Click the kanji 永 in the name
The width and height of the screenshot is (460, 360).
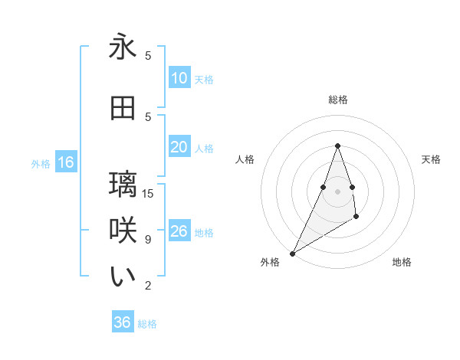tap(123, 47)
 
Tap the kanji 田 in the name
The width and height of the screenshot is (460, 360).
tap(123, 109)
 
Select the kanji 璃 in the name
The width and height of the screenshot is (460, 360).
tap(123, 185)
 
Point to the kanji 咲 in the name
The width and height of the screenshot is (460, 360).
tap(123, 231)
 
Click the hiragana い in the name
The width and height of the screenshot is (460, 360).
tap(123, 277)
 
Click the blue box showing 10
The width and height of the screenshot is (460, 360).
tap(179, 78)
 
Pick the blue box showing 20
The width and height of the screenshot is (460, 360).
tap(179, 147)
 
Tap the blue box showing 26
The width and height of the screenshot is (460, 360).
tap(179, 231)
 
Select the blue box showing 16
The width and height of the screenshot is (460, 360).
tap(66, 162)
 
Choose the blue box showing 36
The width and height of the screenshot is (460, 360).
tap(123, 322)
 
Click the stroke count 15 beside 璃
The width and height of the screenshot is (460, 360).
tap(148, 193)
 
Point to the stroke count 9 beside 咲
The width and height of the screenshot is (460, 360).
tap(148, 239)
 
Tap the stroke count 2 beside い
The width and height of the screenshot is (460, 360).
tap(148, 286)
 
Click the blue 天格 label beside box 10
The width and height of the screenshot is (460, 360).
tap(204, 79)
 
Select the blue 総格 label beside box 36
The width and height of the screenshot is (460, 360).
tap(147, 324)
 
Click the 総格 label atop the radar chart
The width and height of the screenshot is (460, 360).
tap(337, 100)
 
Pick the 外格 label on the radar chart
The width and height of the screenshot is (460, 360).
tap(270, 262)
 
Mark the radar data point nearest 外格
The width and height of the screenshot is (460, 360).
tap(292, 254)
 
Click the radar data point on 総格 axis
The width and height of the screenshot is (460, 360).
tap(337, 145)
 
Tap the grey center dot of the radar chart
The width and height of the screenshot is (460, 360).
tap(337, 191)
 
